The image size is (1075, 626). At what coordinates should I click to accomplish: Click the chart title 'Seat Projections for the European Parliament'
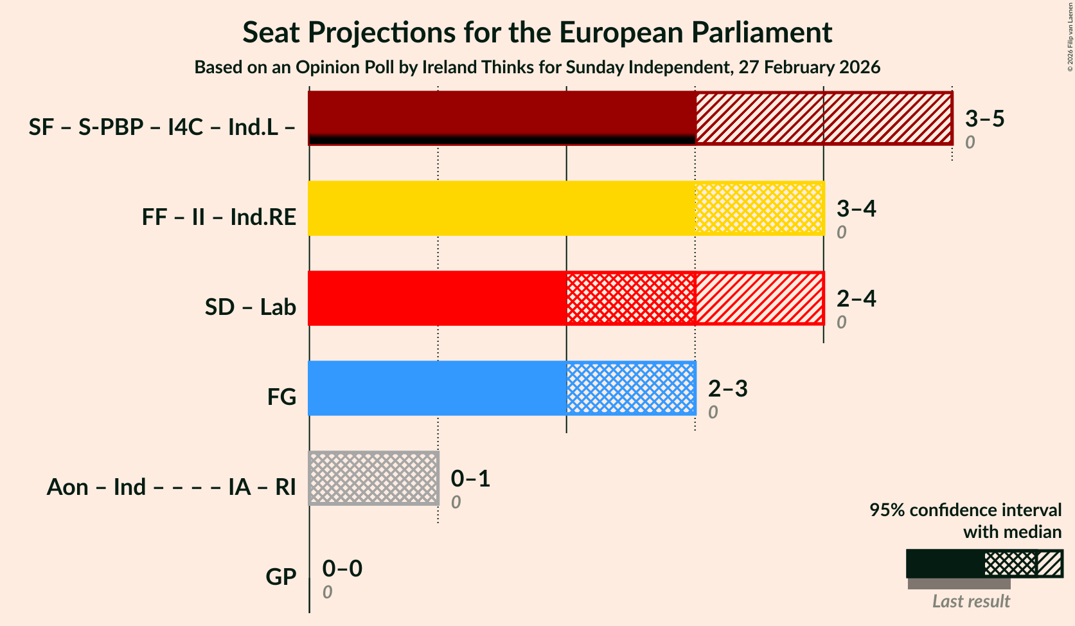[x=537, y=32]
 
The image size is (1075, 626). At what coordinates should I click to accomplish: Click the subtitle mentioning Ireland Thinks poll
[x=537, y=67]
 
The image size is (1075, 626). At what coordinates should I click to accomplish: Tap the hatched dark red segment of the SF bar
[x=823, y=118]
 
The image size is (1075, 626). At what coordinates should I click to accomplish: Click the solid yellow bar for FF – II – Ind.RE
[x=501, y=208]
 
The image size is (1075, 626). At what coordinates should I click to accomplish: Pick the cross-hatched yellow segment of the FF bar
[x=759, y=208]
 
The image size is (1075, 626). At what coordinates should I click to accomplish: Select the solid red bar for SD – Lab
[x=437, y=298]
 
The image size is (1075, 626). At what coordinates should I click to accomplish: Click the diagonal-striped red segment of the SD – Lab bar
[x=759, y=298]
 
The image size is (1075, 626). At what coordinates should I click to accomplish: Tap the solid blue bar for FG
[x=437, y=388]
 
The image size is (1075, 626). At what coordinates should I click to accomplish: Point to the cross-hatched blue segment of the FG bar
[x=630, y=388]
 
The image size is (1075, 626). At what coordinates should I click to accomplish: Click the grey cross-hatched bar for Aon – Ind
[x=373, y=478]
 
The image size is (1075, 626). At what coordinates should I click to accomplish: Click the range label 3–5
[x=984, y=118]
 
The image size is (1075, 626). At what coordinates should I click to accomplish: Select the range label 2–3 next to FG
[x=727, y=388]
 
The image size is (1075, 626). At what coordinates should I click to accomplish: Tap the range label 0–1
[x=470, y=478]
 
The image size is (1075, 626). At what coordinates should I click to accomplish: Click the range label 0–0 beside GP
[x=342, y=568]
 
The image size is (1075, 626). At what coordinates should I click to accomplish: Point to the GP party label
[x=281, y=577]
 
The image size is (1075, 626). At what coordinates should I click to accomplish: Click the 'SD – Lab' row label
[x=250, y=307]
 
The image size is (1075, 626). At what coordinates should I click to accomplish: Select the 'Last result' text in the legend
[x=970, y=601]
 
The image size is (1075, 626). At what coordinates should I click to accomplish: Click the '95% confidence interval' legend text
[x=965, y=510]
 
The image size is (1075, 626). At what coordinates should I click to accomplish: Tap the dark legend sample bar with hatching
[x=984, y=563]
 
